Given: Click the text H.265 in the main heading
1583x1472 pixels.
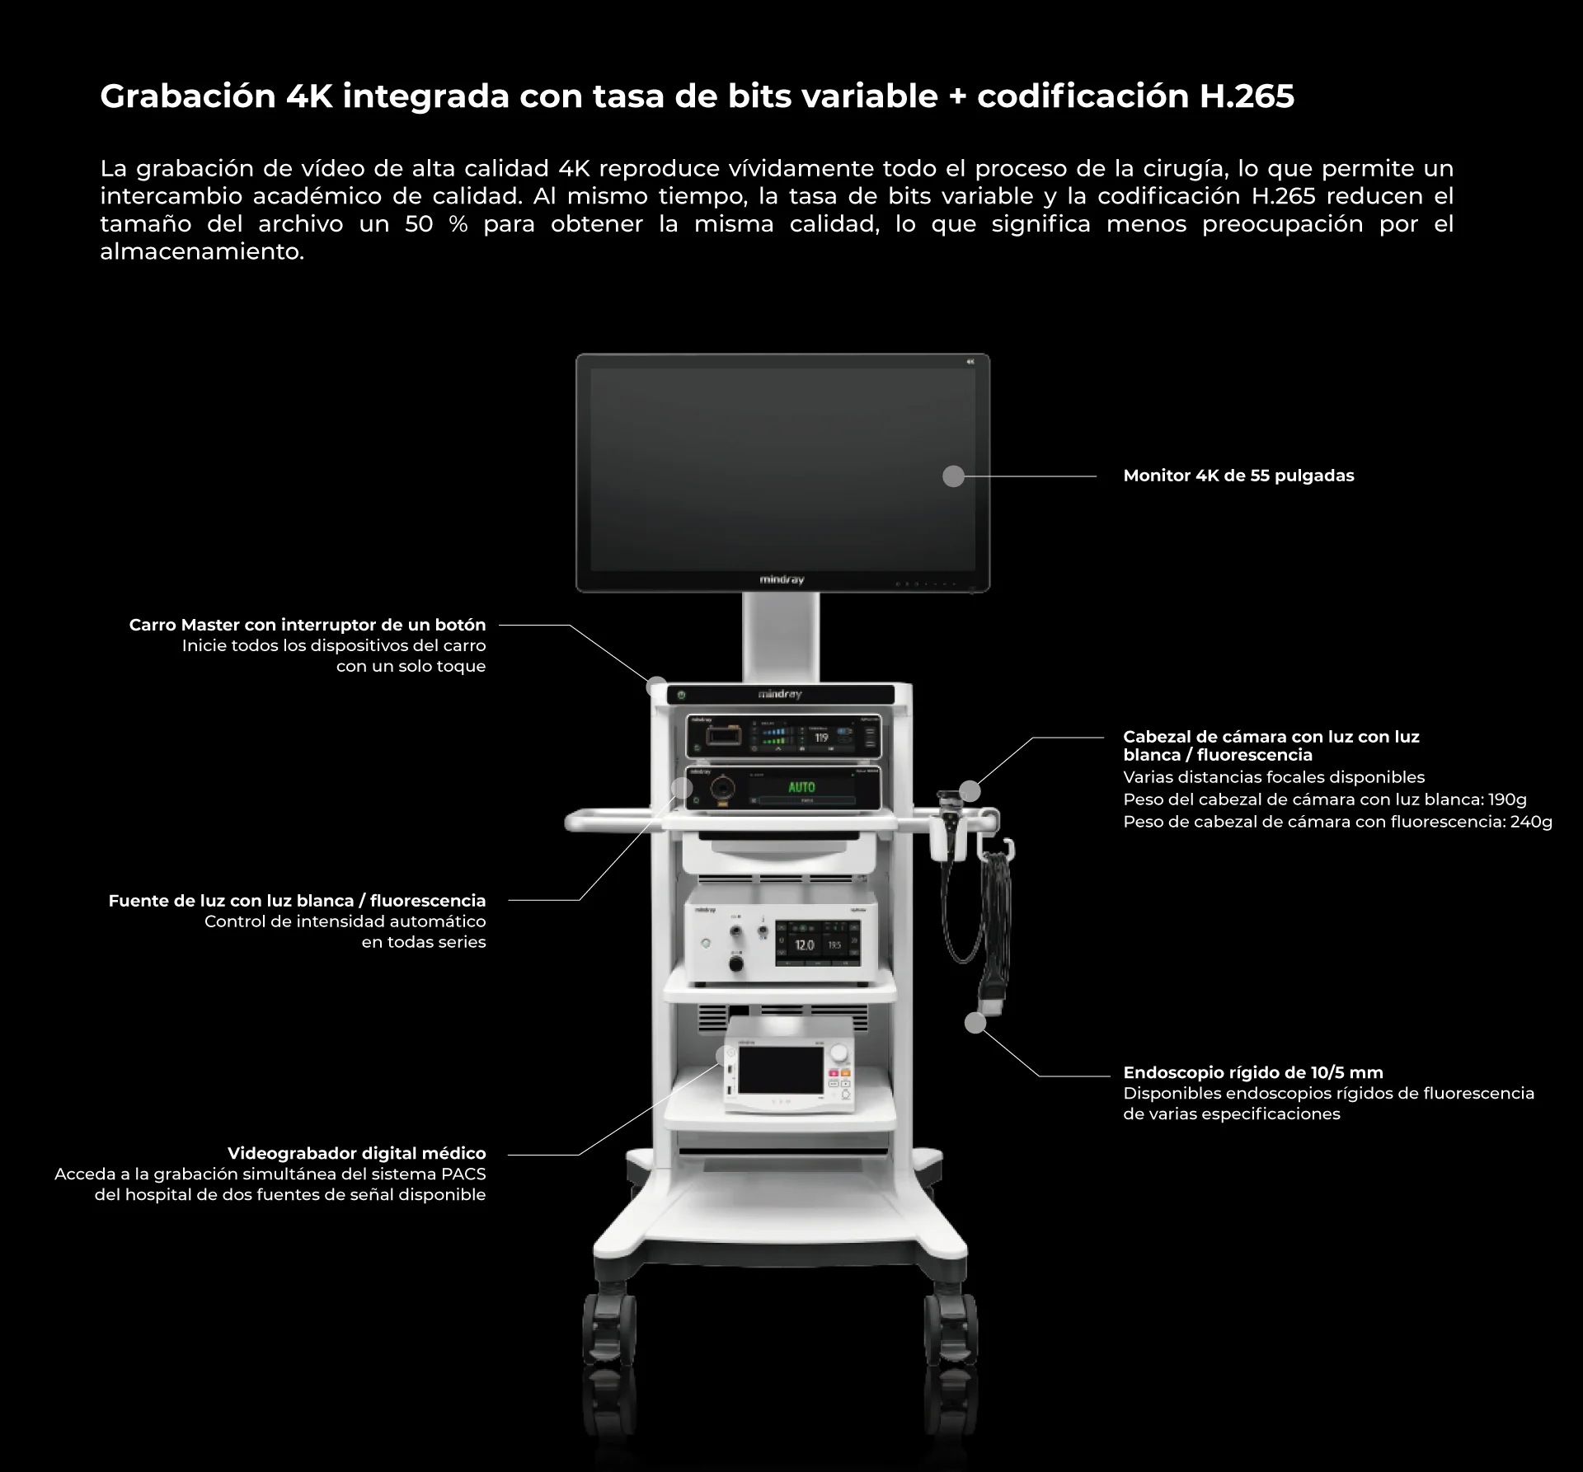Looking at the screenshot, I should pos(1247,96).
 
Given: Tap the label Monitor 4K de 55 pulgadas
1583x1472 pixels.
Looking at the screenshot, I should pos(1238,476).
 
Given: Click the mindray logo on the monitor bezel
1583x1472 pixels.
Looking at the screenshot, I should pos(781,580).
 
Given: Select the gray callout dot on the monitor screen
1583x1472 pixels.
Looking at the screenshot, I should pos(953,476).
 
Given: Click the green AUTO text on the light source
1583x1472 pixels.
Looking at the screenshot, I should pos(801,787).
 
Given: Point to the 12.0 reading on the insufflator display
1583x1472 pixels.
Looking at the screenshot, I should pos(804,945).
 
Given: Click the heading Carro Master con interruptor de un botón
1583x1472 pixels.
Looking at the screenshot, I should pos(308,625).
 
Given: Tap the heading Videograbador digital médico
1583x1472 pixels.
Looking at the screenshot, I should pos(356,1153).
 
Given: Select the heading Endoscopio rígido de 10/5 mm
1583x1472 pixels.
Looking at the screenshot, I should pos(1252,1072).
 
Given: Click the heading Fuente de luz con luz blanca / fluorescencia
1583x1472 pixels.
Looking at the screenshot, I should pos(297,901).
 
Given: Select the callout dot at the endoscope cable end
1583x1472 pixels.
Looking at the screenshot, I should pos(975,1023).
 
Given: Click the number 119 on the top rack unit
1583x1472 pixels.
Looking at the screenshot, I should pos(821,738).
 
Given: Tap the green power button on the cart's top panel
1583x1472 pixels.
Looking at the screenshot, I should pos(681,695).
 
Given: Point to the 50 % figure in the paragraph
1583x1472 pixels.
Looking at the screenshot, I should pos(436,224).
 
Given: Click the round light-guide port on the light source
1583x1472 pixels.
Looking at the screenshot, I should pos(723,788).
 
